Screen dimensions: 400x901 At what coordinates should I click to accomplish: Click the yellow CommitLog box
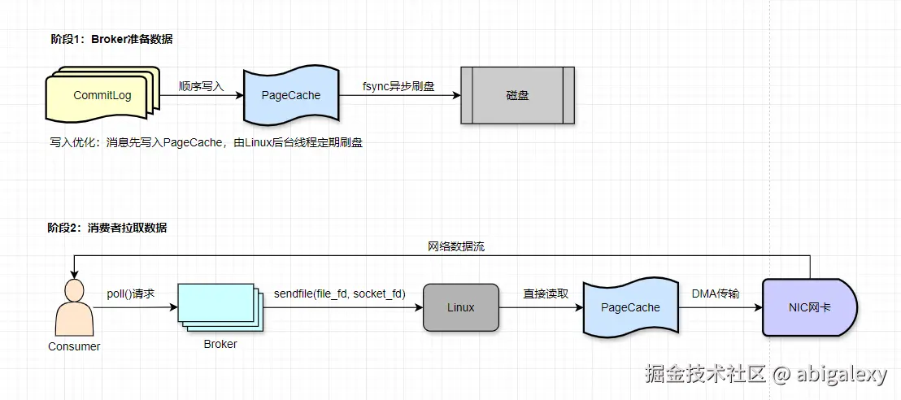click(x=102, y=96)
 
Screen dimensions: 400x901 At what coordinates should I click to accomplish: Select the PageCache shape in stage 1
click(x=291, y=96)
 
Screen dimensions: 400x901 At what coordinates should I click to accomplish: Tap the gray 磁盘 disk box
click(x=517, y=95)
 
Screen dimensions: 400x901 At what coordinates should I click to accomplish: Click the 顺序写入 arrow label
click(x=201, y=85)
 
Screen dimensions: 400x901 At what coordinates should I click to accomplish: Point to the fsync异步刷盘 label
click(x=399, y=85)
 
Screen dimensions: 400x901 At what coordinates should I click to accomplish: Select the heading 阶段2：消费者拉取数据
click(x=107, y=228)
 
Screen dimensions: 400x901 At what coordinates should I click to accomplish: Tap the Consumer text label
click(x=74, y=346)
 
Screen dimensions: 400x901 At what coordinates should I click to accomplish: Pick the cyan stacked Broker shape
click(x=219, y=307)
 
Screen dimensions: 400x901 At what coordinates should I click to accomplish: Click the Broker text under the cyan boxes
click(x=220, y=344)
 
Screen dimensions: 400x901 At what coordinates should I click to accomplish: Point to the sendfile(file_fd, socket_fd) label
click(x=339, y=293)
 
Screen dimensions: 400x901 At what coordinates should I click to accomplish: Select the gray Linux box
click(x=460, y=307)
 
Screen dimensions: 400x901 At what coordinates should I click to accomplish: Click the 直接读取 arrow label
click(x=545, y=293)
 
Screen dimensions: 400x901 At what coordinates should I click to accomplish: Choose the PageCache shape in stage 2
click(x=630, y=308)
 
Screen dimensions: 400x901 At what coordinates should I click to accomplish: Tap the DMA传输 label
click(x=716, y=293)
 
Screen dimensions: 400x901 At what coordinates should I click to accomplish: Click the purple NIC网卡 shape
click(x=809, y=308)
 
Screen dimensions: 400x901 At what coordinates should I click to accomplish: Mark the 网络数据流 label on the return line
click(x=456, y=246)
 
